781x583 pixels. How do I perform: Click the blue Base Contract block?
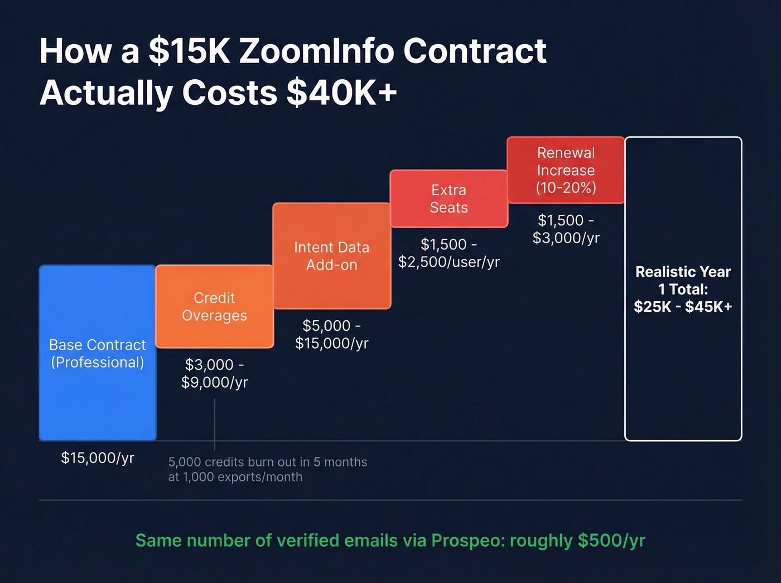pos(98,353)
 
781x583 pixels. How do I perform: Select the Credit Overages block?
pos(215,306)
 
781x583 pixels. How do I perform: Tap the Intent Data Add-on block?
pos(332,256)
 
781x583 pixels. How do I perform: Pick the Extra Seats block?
pos(449,199)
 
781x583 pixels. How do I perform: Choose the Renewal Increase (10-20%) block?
pos(566,170)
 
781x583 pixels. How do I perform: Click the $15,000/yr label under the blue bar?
pos(98,458)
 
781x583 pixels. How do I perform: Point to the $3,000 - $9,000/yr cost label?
pos(215,373)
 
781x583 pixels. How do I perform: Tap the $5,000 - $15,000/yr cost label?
pos(332,334)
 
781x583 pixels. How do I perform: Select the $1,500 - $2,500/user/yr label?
pos(449,253)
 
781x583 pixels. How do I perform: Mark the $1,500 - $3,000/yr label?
pos(566,229)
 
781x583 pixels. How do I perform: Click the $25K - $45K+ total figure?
pos(683,307)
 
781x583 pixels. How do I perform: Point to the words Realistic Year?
pos(683,272)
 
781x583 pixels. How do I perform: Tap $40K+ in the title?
pos(341,92)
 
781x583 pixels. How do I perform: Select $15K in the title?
pos(190,51)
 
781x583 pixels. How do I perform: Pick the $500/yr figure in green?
pos(611,541)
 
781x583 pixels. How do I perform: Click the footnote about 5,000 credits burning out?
pos(268,469)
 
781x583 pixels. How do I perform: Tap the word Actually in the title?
pos(106,92)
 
